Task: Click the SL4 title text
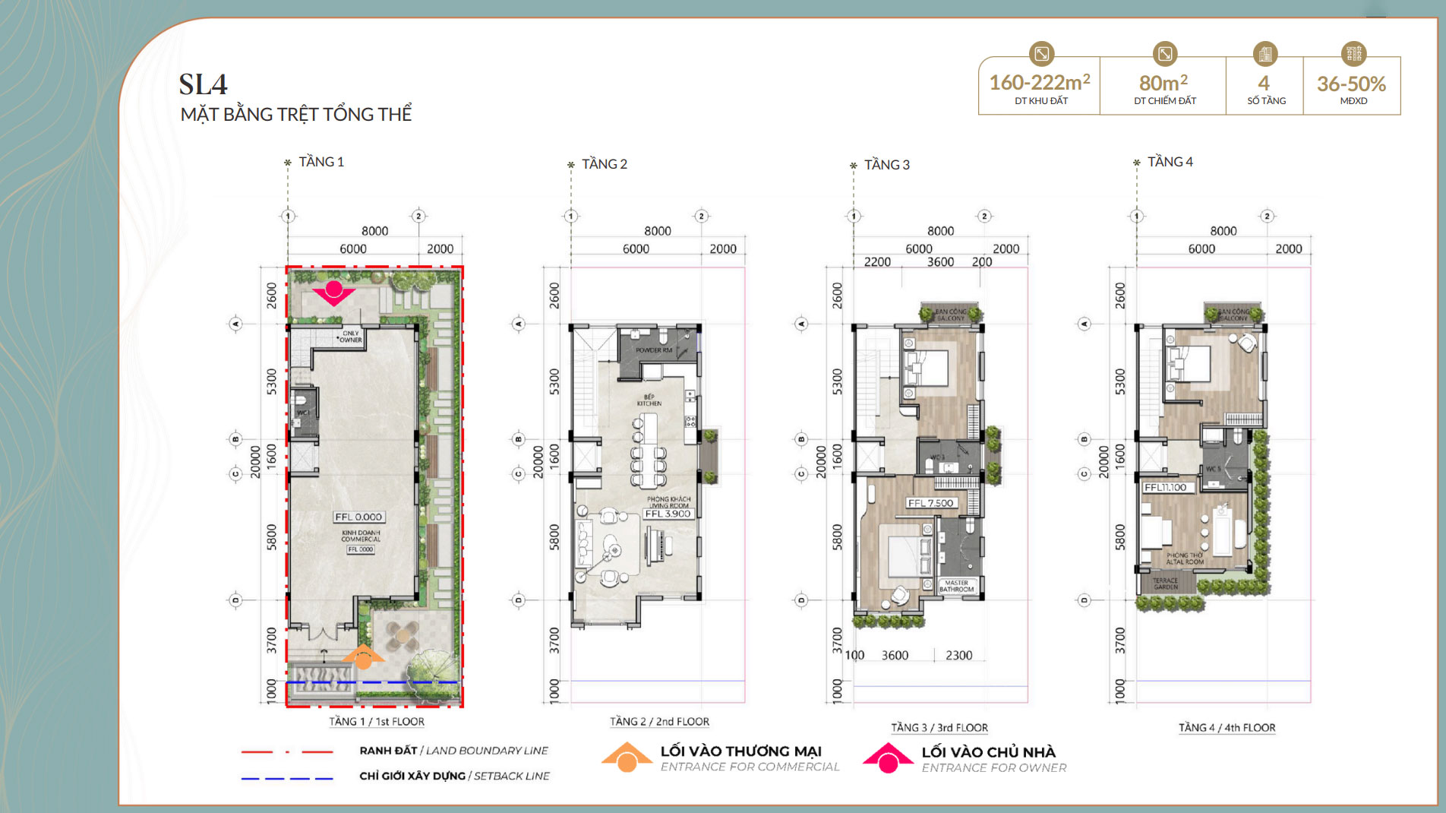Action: coord(203,84)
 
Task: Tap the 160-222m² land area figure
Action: coord(1039,82)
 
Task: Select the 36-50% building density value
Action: coord(1351,84)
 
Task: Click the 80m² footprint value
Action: coord(1163,83)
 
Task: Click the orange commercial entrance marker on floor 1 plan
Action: coord(364,657)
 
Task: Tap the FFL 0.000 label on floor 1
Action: coord(358,517)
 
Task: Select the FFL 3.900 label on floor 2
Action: coord(668,514)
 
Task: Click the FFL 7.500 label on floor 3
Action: coord(931,503)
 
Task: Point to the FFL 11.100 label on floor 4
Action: coord(1165,488)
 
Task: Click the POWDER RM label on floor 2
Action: coord(653,350)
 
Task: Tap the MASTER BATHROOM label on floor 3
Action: coord(956,586)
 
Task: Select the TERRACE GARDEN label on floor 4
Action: coord(1165,584)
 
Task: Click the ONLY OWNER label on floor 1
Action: coord(350,337)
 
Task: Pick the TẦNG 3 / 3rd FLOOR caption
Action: coord(939,728)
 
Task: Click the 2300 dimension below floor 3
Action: coord(958,655)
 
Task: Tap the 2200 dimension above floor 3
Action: coord(877,262)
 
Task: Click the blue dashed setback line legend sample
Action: coord(287,778)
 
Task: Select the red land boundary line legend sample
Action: coord(287,751)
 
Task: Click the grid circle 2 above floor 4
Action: coord(1267,217)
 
